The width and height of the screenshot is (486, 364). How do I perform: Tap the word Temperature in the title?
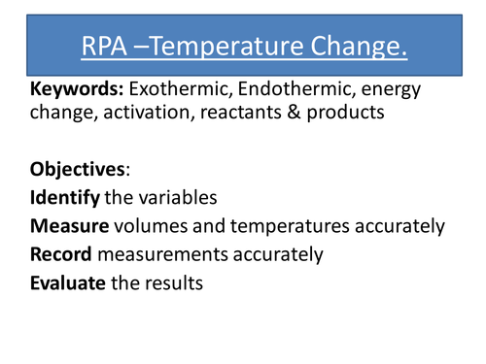pyautogui.click(x=240, y=45)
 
